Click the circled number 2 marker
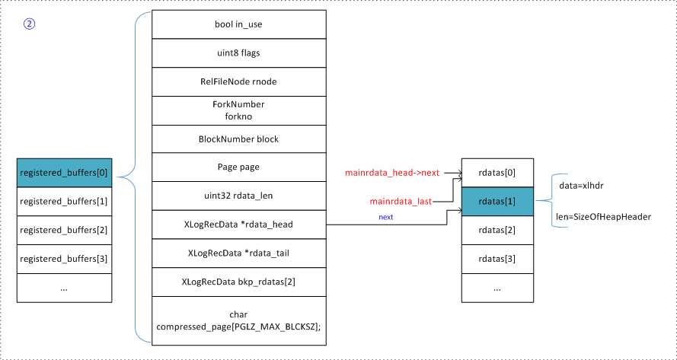click(x=29, y=24)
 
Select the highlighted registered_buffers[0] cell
click(x=64, y=173)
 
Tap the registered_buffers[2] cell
click(x=64, y=230)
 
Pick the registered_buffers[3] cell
click(x=64, y=259)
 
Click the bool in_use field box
click(x=239, y=24)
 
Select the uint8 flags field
click(x=239, y=53)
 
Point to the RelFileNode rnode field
click(x=239, y=82)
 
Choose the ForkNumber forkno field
click(x=239, y=110)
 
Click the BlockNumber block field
click(x=239, y=139)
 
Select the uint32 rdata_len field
click(x=239, y=196)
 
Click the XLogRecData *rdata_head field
click(x=239, y=225)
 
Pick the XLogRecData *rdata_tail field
click(x=239, y=253)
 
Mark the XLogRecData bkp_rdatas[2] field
click(x=239, y=282)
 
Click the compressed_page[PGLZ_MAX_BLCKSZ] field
click(x=239, y=320)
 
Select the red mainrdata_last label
click(x=401, y=202)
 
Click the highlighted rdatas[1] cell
click(x=497, y=202)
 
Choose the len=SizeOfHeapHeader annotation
click(x=604, y=217)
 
